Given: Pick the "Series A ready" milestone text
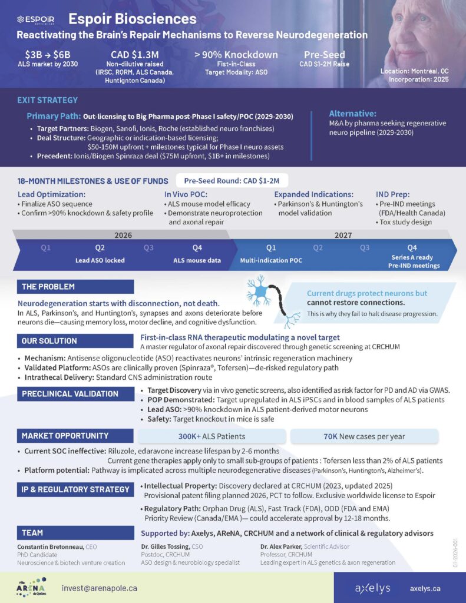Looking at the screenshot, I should click(x=412, y=257).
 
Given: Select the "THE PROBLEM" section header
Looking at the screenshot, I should click(x=48, y=287).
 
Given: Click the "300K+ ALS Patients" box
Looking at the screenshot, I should click(x=211, y=436).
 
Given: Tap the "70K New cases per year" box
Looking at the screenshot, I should click(x=363, y=436).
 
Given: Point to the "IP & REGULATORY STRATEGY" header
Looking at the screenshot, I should click(x=75, y=489).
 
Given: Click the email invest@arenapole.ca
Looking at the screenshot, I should click(x=100, y=588).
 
